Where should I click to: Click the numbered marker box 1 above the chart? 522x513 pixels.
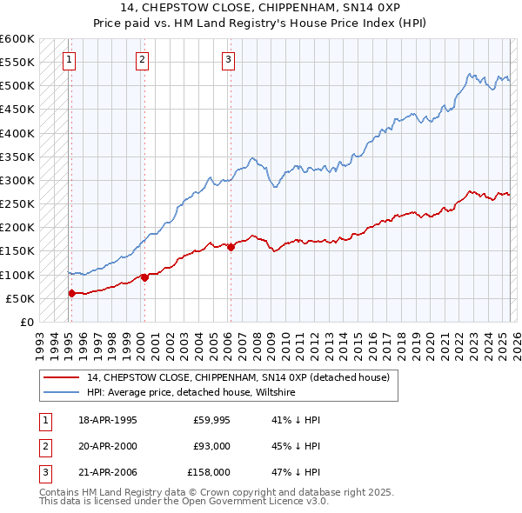(x=69, y=60)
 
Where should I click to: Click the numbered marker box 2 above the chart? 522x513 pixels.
(x=142, y=60)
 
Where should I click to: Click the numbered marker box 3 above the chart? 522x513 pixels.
(x=228, y=60)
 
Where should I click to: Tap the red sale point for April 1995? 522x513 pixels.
(x=71, y=293)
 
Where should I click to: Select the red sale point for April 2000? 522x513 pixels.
(x=144, y=277)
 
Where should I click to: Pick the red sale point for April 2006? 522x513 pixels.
(x=231, y=247)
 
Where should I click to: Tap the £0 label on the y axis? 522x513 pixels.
(x=26, y=322)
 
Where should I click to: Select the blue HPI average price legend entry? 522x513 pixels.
(x=191, y=393)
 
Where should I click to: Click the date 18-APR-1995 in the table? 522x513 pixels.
(x=107, y=420)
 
